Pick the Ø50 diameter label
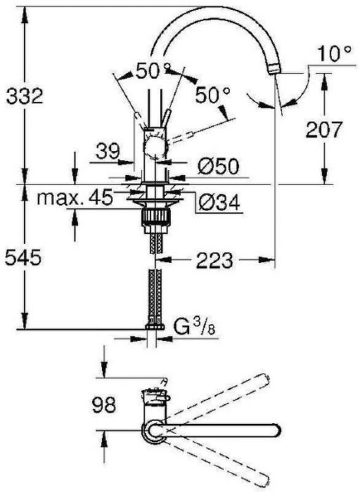coord(219,167)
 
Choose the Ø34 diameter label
coord(219,202)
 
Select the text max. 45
coord(76,199)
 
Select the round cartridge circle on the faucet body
coord(154,149)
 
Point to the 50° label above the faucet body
coord(153,72)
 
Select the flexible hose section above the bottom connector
coord(154,295)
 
